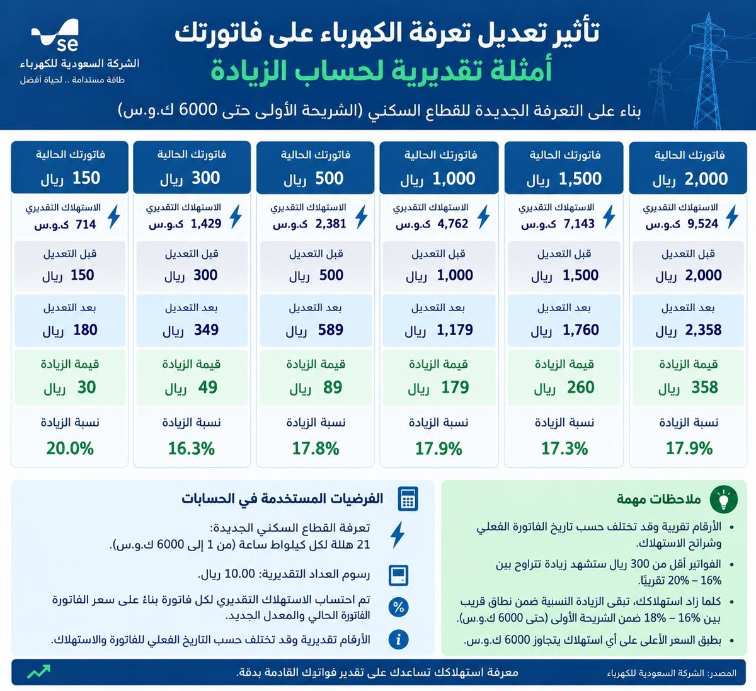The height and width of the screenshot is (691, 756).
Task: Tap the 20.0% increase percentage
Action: [70, 448]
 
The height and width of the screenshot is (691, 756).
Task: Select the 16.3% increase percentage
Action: [192, 448]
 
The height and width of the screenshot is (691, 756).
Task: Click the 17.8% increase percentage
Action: [316, 448]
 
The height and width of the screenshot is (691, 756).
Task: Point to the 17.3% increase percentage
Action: [564, 448]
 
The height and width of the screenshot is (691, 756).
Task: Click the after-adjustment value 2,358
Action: [703, 330]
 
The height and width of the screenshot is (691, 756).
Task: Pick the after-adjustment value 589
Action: [331, 330]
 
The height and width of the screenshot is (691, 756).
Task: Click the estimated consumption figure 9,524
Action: [703, 224]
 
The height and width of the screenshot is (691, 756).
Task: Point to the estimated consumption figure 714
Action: [86, 224]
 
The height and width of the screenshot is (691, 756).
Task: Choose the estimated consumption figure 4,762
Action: [452, 224]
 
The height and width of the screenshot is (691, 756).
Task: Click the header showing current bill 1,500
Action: [564, 168]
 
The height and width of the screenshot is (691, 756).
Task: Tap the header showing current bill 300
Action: [192, 167]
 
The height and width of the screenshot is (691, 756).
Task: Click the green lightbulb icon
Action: [724, 499]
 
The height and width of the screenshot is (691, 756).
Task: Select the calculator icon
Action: [408, 498]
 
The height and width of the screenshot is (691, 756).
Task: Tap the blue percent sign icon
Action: [398, 607]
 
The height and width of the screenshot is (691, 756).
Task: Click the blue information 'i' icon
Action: [398, 639]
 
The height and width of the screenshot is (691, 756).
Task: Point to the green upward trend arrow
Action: [38, 671]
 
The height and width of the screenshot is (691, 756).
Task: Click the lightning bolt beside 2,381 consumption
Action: [361, 217]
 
